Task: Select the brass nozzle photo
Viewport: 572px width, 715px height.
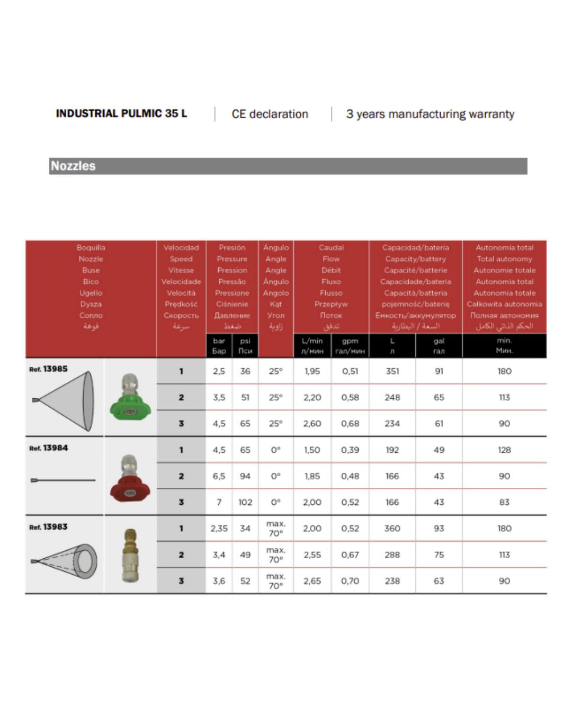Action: point(130,555)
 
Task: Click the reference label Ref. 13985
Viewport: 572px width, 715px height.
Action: point(48,369)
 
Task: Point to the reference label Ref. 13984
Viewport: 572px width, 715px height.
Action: point(48,448)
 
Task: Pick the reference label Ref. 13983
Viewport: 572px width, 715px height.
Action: point(48,527)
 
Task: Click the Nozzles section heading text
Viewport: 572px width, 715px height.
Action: point(73,166)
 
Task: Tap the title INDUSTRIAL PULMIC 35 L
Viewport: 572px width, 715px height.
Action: point(121,114)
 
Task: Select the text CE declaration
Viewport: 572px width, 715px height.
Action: point(270,114)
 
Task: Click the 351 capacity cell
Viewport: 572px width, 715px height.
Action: point(392,371)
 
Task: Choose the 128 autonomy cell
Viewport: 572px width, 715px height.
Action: point(504,450)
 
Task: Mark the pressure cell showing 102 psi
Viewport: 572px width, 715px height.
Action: point(245,502)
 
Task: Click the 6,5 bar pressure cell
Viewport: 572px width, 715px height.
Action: point(219,476)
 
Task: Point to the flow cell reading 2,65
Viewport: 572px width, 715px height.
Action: point(312,581)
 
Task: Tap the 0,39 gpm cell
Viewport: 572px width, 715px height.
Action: point(350,450)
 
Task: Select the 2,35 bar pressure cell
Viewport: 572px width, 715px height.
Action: point(219,529)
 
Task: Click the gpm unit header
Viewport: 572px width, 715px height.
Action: point(350,341)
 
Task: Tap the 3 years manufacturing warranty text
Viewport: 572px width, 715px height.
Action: point(430,114)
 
